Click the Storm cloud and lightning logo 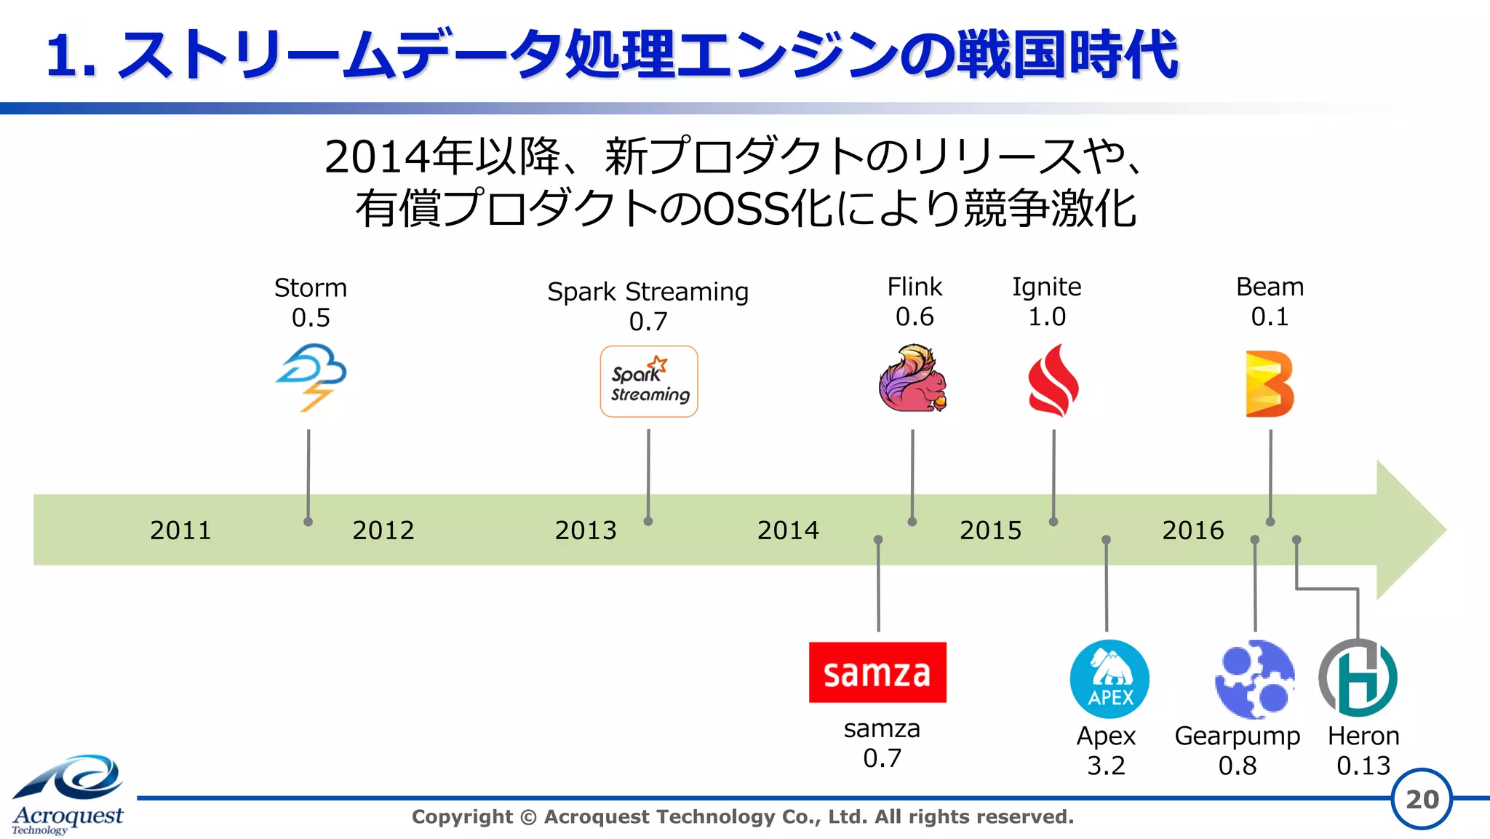[x=311, y=378]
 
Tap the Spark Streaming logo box [x=648, y=381]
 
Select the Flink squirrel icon [x=912, y=378]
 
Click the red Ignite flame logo [x=1053, y=381]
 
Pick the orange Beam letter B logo [x=1269, y=383]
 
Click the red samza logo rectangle [x=877, y=672]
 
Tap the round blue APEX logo [x=1109, y=679]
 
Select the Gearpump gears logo [x=1254, y=679]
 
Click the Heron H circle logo [x=1358, y=678]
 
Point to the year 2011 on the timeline [x=180, y=530]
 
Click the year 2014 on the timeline [x=788, y=530]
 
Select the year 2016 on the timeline [x=1192, y=530]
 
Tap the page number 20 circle [x=1422, y=799]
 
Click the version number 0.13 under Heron [x=1363, y=766]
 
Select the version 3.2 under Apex [x=1106, y=766]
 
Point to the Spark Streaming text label [x=648, y=292]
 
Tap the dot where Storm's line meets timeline [x=308, y=522]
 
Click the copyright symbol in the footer [x=529, y=817]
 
